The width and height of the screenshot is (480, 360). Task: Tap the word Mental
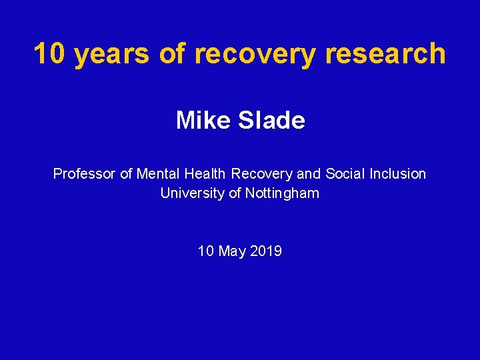tap(158, 174)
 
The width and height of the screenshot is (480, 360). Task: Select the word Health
tap(205, 174)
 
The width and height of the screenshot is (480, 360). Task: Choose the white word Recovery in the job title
tap(262, 174)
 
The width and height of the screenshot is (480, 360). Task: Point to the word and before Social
tap(309, 174)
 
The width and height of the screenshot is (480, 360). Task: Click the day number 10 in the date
tap(205, 251)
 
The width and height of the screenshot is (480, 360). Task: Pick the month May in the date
tap(231, 252)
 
